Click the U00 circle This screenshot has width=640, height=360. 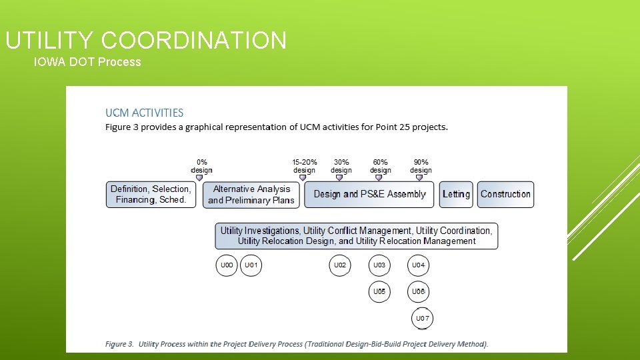click(x=227, y=265)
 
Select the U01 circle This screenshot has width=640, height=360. click(x=251, y=265)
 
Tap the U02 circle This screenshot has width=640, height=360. click(x=340, y=265)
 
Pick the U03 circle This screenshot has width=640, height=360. click(x=379, y=265)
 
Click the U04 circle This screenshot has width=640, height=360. click(x=418, y=265)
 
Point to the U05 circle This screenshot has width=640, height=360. click(x=379, y=292)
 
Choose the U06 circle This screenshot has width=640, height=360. click(x=418, y=292)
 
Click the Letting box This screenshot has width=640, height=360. click(x=456, y=194)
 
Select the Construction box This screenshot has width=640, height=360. click(x=505, y=194)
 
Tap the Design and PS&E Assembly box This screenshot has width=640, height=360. click(x=369, y=194)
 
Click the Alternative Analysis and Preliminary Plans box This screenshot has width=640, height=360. click(x=251, y=194)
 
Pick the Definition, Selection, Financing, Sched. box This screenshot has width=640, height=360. click(x=151, y=194)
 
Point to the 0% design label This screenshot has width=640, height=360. click(x=201, y=166)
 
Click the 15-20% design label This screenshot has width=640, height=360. click(x=305, y=166)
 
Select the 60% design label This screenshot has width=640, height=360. click(x=381, y=166)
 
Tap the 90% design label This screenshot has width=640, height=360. click(x=421, y=166)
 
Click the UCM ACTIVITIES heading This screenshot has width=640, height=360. click(x=145, y=113)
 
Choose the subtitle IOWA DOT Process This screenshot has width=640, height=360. click(x=87, y=62)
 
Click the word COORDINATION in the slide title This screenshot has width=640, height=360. click(x=194, y=41)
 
